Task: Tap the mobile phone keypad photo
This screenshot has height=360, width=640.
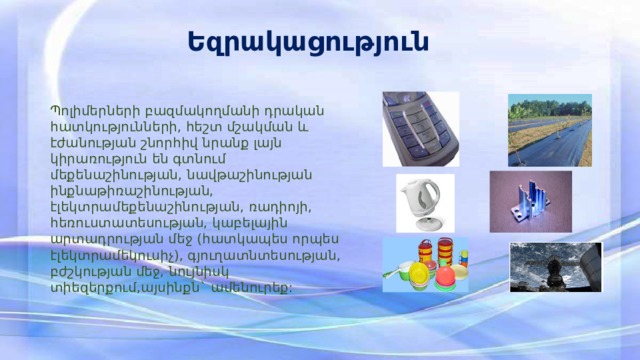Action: click(x=420, y=129)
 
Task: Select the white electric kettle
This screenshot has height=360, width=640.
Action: click(x=420, y=203)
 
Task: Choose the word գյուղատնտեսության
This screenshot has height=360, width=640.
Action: click(x=272, y=259)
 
